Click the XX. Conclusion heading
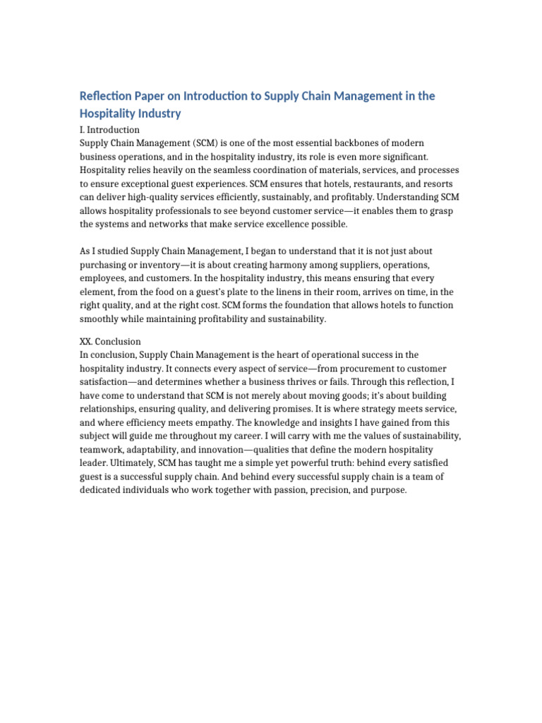click(110, 341)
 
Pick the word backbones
click(366, 143)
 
